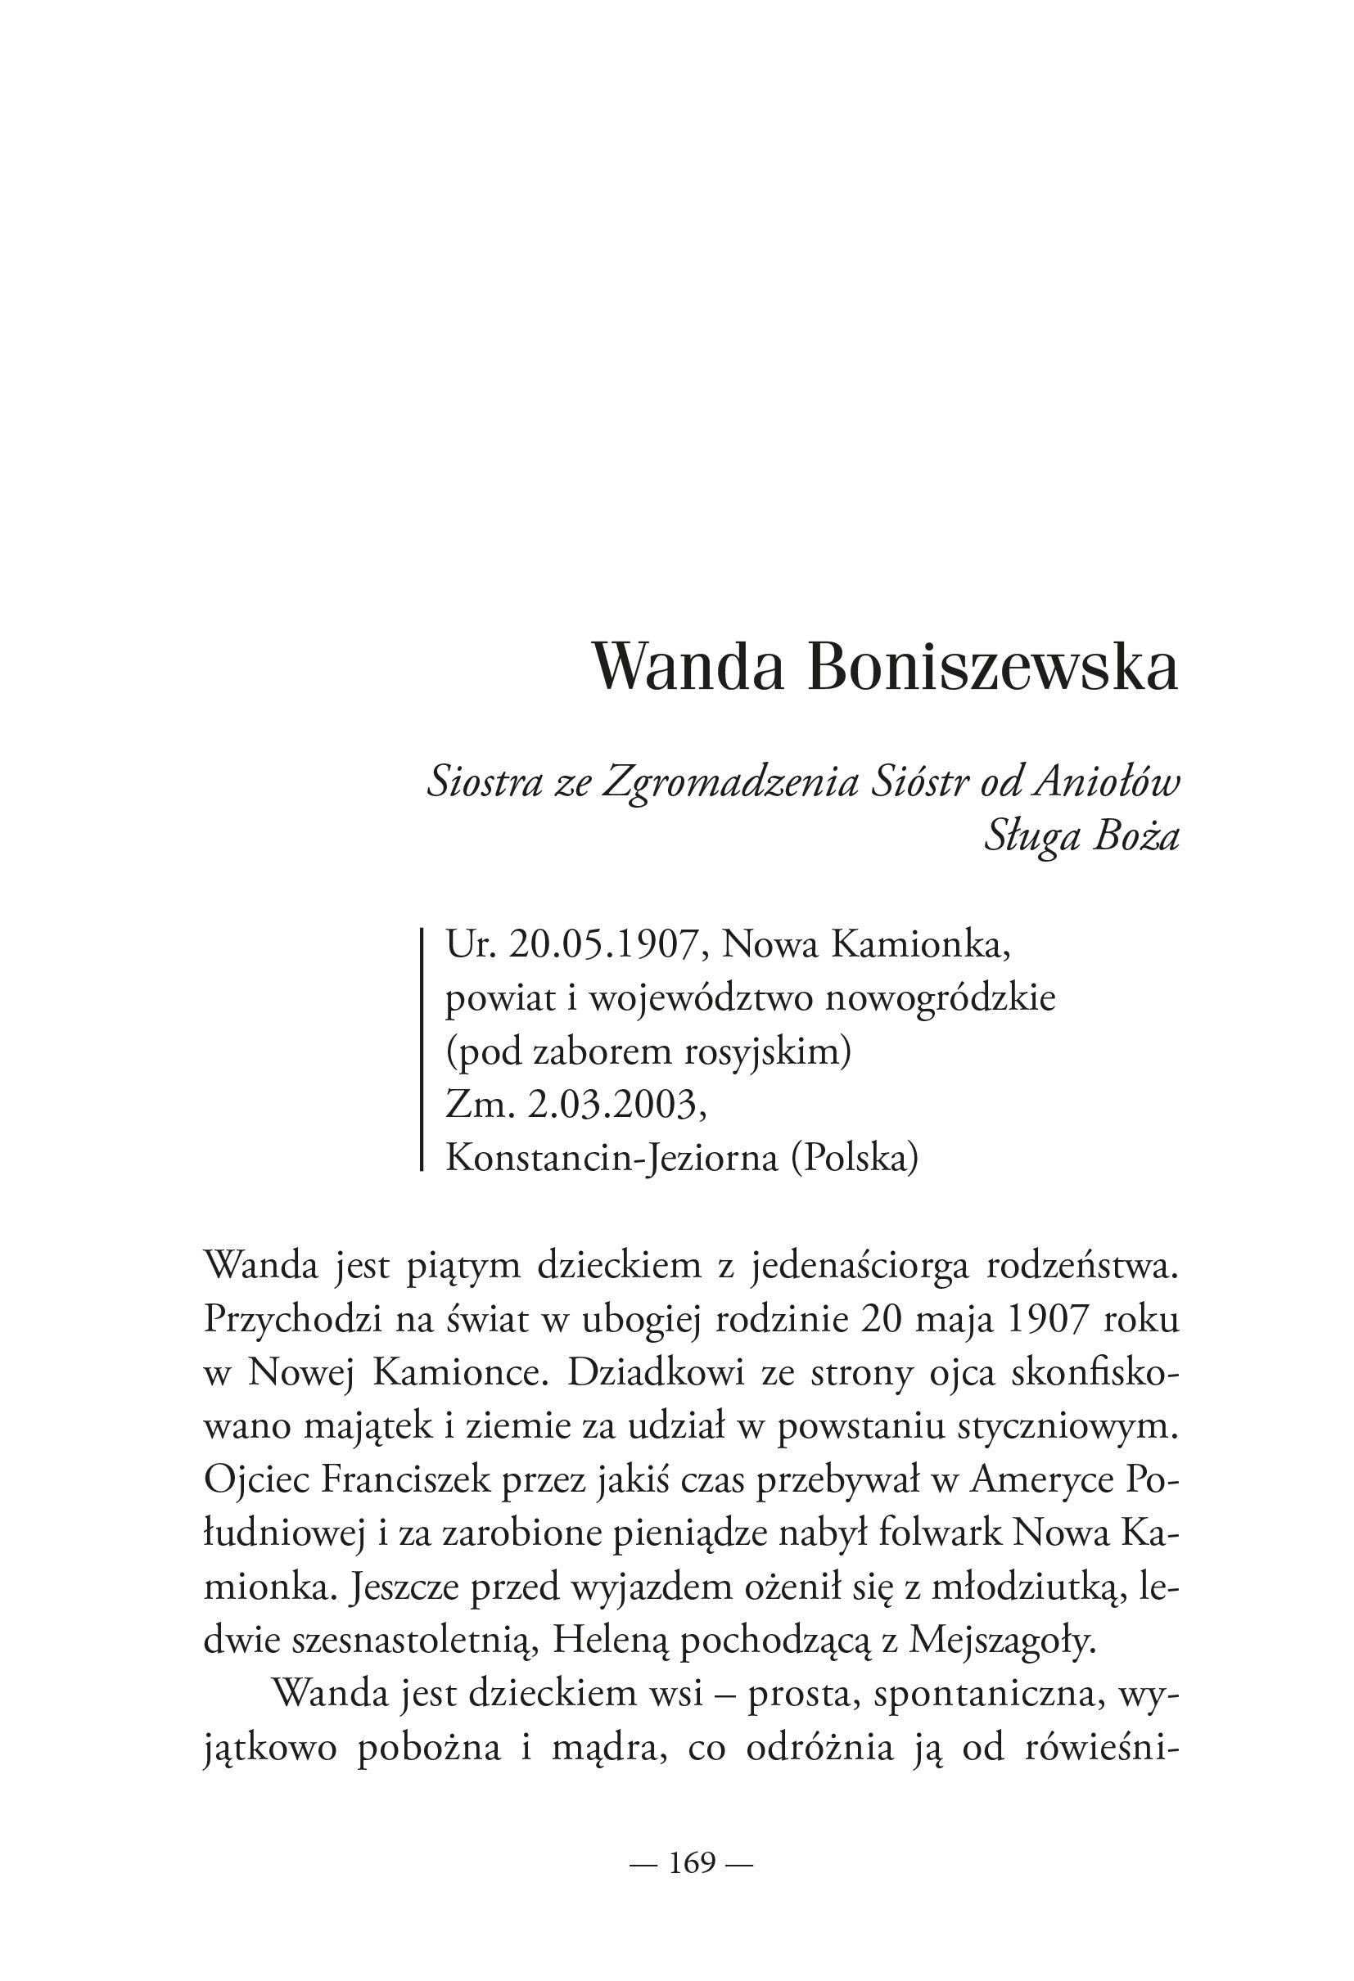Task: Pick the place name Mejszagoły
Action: pos(1001,1641)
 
